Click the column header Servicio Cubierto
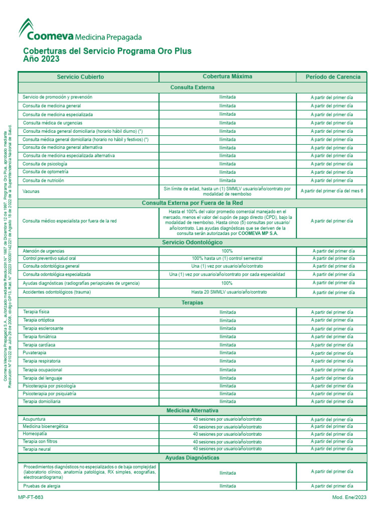[x=80, y=77]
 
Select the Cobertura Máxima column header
[x=227, y=77]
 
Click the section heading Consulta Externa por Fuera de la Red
[x=192, y=203]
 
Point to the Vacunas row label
[x=31, y=191]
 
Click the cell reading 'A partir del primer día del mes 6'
[x=331, y=191]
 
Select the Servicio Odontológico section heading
[x=192, y=242]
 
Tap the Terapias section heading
[x=192, y=303]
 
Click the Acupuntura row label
[x=35, y=419]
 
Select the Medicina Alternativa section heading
[x=192, y=410]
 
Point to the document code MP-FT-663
[x=31, y=497]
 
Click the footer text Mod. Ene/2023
[x=349, y=497]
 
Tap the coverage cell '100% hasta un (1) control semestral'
[x=227, y=259]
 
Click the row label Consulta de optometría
[x=46, y=172]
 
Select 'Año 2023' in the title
[x=41, y=59]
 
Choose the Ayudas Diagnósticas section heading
[x=192, y=457]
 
